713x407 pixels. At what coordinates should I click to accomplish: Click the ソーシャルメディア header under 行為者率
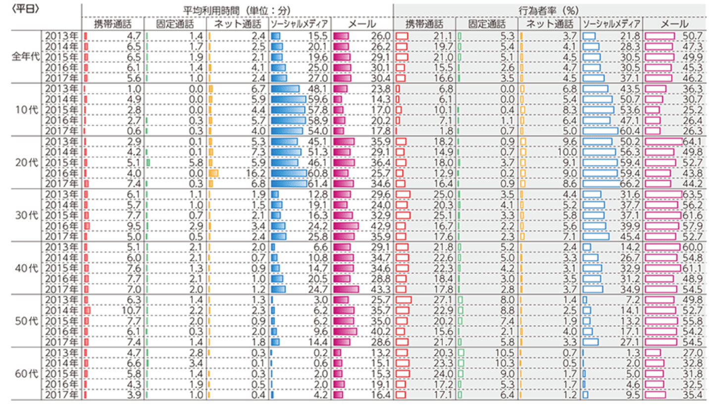[x=611, y=24]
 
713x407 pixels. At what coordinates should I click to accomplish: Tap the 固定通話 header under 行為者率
[x=486, y=24]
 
